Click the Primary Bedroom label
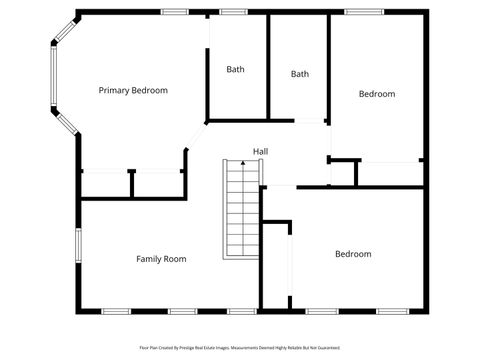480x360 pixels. click(133, 91)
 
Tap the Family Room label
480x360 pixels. click(161, 259)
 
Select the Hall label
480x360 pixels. click(260, 151)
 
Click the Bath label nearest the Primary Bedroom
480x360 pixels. click(235, 69)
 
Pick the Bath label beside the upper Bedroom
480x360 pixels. click(300, 74)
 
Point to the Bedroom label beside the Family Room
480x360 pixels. click(353, 254)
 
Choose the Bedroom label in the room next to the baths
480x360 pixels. click(377, 94)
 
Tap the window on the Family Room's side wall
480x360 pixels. click(77, 245)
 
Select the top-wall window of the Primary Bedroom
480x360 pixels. click(175, 12)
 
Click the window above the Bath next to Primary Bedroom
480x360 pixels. click(234, 12)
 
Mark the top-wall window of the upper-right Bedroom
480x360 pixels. click(364, 12)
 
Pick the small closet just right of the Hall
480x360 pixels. click(343, 173)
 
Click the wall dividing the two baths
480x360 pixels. click(268, 66)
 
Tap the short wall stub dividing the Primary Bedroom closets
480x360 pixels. click(131, 184)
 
